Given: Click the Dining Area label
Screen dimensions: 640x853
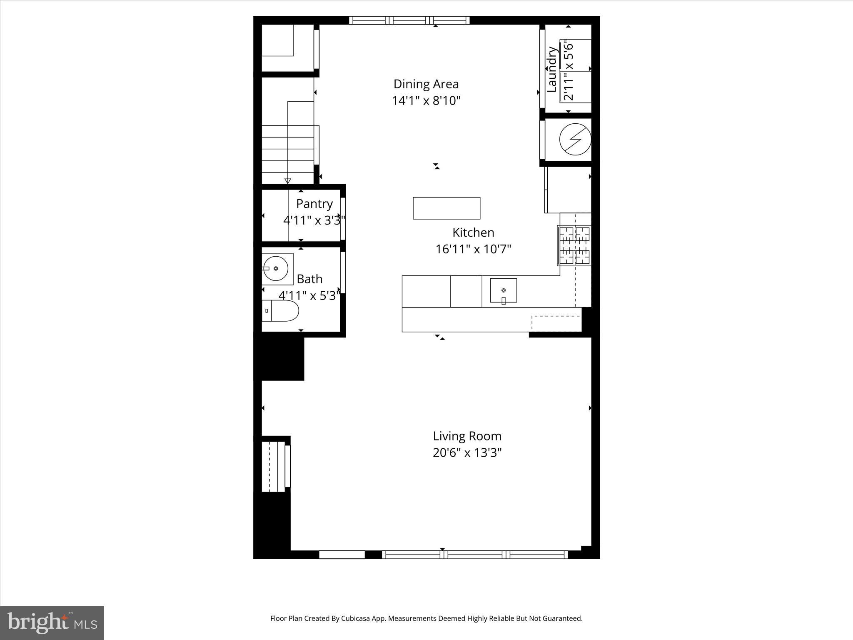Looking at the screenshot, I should [426, 84].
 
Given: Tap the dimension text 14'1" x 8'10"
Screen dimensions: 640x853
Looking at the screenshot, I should [426, 101].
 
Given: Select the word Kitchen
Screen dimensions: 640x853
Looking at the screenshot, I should [473, 232].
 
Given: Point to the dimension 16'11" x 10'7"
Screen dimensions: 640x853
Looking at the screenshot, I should [473, 249].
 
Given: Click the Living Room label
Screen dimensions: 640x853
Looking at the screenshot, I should [467, 436].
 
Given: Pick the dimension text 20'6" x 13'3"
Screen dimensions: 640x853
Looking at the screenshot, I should [467, 453].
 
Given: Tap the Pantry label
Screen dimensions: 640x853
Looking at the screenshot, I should [314, 204].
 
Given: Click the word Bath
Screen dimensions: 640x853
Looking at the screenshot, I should [309, 279].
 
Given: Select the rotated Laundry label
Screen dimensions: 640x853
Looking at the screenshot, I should [551, 69].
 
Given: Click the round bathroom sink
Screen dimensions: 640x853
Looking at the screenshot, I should [276, 268].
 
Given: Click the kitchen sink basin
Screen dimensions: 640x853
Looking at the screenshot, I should [503, 290].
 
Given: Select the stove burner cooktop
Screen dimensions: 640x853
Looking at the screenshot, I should [574, 245].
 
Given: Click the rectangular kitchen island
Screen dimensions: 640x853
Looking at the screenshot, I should [446, 208].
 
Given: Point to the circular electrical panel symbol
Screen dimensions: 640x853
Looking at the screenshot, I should [575, 140].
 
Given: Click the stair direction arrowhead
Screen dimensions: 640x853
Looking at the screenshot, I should [287, 181].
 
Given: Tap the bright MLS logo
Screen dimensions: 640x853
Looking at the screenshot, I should [52, 622].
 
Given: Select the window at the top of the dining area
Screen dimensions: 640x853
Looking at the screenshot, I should [409, 20].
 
